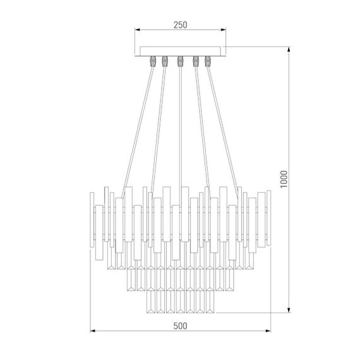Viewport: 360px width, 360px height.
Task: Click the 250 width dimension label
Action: pyautogui.click(x=180, y=25)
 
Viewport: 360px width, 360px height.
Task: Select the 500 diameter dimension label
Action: pyautogui.click(x=180, y=326)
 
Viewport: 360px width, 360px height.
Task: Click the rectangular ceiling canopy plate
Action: pyautogui.click(x=180, y=51)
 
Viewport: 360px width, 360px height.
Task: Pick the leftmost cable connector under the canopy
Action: pyautogui.click(x=152, y=61)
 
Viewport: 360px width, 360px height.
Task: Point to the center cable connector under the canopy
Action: pyautogui.click(x=180, y=61)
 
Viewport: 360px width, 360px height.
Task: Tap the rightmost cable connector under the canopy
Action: pyautogui.click(x=208, y=61)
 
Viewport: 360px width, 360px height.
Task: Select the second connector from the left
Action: pyautogui.click(x=165, y=61)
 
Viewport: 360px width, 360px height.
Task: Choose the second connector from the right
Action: pyautogui.click(x=195, y=61)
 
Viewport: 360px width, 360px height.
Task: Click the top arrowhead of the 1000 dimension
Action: pyautogui.click(x=289, y=48)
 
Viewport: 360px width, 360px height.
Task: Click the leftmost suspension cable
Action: pyautogui.click(x=137, y=126)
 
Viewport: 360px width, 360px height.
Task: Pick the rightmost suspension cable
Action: pyautogui.click(x=223, y=126)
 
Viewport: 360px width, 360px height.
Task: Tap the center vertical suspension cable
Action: pyautogui.click(x=180, y=126)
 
